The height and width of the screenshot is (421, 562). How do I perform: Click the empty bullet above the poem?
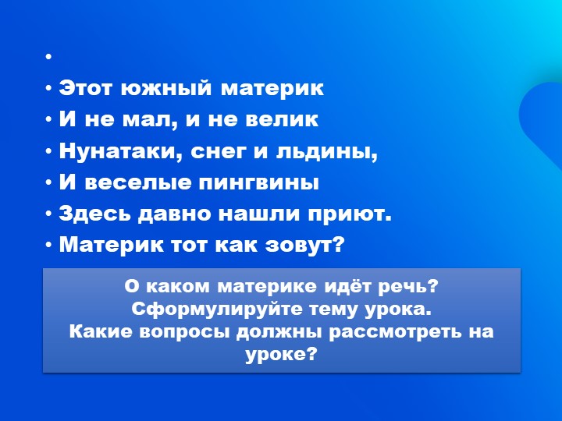click(48, 58)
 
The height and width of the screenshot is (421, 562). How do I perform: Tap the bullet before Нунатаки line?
click(48, 151)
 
